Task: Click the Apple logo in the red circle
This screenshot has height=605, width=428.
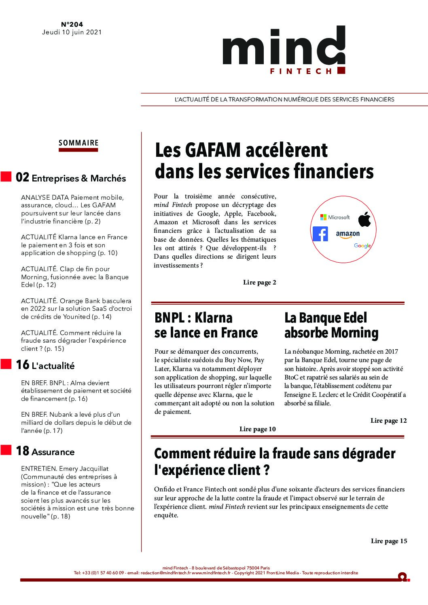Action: [x=364, y=219]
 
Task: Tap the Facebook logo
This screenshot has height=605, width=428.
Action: [x=320, y=234]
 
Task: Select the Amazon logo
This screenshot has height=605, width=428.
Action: [x=347, y=234]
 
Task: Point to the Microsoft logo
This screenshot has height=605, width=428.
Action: [x=335, y=217]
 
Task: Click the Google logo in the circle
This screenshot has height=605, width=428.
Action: [x=362, y=246]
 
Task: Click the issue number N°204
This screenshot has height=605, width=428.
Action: [x=72, y=24]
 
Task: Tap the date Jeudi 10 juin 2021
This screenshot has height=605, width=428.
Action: [x=72, y=32]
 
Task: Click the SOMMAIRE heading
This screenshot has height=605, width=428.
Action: [x=78, y=143]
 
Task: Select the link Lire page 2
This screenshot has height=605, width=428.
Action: [x=259, y=282]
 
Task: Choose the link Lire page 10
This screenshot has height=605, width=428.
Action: [x=257, y=429]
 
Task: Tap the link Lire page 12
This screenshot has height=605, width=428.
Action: [x=388, y=421]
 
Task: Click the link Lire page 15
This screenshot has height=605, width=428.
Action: [x=389, y=541]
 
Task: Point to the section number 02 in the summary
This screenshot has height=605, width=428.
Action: [x=22, y=178]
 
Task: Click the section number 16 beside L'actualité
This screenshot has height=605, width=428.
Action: [x=22, y=365]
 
